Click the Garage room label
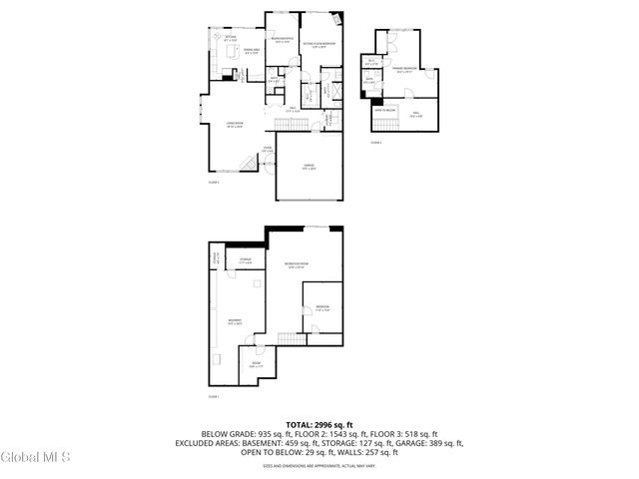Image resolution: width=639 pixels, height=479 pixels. (x=309, y=168)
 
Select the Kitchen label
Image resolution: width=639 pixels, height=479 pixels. (x=230, y=39)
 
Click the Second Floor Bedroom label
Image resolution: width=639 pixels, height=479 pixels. (x=319, y=44)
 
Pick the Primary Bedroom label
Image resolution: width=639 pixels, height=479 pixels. (x=404, y=70)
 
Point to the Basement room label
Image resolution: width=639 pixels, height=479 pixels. (x=234, y=321)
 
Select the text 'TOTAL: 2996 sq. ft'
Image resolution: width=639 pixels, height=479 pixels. (x=319, y=425)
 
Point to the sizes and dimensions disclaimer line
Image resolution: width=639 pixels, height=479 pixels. (x=319, y=466)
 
